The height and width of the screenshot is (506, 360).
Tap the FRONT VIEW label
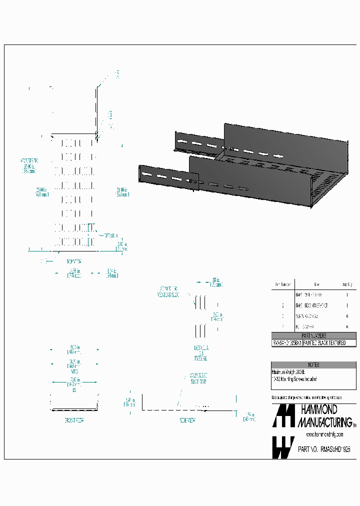(74, 421)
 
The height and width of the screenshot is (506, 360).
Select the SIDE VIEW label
(187, 421)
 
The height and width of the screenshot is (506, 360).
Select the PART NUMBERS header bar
(313, 335)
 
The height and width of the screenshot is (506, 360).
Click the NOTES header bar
(313, 365)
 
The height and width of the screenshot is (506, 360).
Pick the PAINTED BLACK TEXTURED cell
(329, 343)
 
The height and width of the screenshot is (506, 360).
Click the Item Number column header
(282, 284)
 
